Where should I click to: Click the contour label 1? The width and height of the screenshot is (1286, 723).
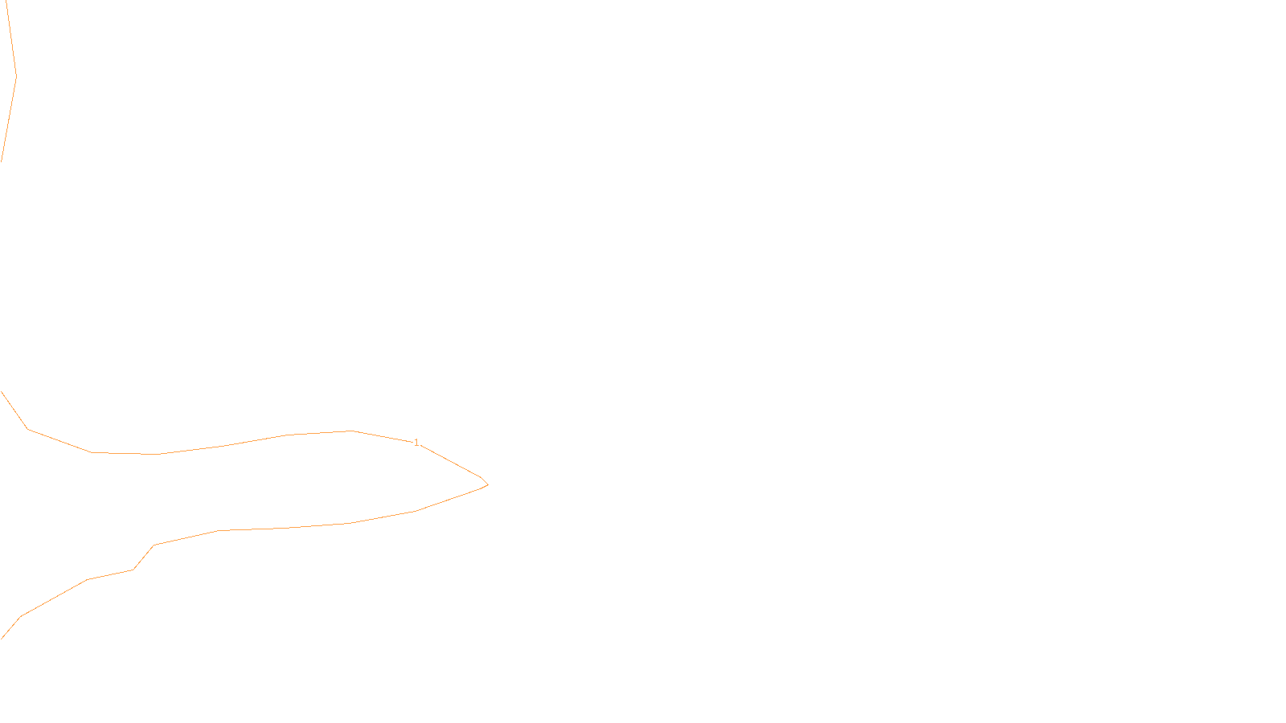(x=416, y=443)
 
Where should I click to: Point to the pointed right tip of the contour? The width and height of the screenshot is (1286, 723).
(x=487, y=484)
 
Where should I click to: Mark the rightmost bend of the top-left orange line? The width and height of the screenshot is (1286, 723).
(x=16, y=77)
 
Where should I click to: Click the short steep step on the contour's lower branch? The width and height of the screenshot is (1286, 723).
(x=143, y=558)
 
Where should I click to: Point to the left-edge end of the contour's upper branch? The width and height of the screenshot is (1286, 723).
(x=2, y=392)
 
